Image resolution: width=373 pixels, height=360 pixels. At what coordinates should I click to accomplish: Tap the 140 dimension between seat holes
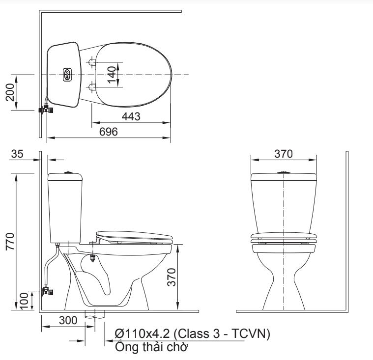[113, 75]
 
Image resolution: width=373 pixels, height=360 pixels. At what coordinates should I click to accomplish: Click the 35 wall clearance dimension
[17, 154]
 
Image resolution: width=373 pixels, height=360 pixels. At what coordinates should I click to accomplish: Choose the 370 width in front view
[283, 153]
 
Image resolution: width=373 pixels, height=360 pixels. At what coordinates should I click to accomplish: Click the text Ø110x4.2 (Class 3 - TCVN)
[192, 334]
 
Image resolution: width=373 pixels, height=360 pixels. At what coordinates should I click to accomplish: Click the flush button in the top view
[67, 75]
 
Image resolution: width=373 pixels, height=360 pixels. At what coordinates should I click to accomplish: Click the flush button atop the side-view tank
[68, 172]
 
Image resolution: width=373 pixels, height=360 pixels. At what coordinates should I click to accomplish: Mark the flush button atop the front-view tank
[284, 172]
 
